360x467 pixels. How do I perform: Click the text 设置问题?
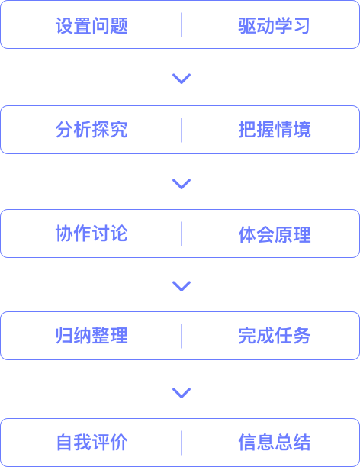(x=92, y=26)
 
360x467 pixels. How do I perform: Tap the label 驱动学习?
(x=275, y=26)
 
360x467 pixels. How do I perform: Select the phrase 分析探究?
(x=92, y=130)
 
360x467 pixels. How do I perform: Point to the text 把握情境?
(x=275, y=130)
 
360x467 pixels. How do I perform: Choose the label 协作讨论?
(x=92, y=233)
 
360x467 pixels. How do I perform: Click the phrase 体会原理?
(x=275, y=235)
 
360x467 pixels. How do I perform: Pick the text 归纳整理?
(x=92, y=336)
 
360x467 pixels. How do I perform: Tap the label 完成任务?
(x=275, y=336)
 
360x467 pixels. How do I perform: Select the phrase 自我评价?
(x=92, y=443)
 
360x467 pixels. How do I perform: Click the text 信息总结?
(x=275, y=443)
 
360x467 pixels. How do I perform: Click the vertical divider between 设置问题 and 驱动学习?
(x=182, y=25)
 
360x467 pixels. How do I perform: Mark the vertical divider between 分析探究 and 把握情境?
(x=182, y=130)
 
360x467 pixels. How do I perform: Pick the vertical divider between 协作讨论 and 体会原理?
(x=182, y=233)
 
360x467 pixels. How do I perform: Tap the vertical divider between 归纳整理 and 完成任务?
(x=182, y=336)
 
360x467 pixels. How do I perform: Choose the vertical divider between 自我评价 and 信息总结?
(x=182, y=443)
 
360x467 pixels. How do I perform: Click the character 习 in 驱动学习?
(x=301, y=26)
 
